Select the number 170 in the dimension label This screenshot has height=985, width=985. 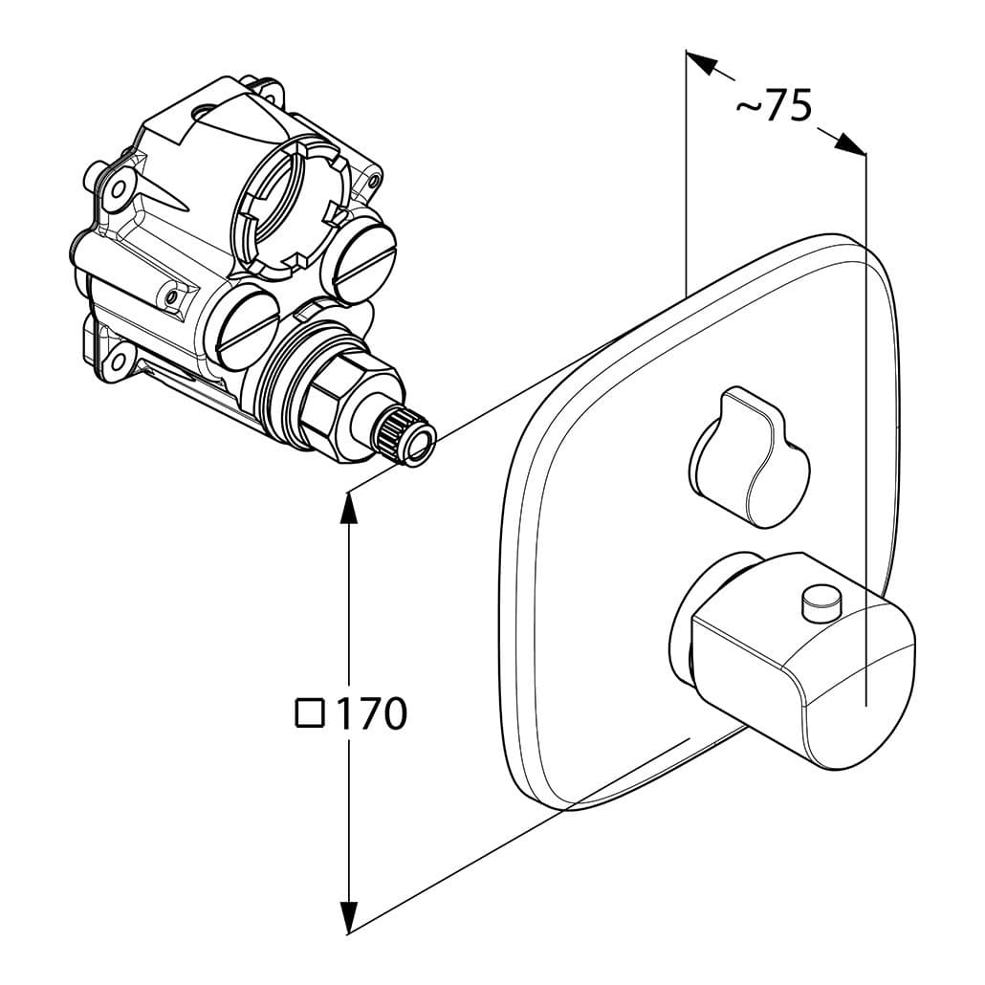(371, 713)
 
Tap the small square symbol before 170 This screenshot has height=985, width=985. (310, 713)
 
